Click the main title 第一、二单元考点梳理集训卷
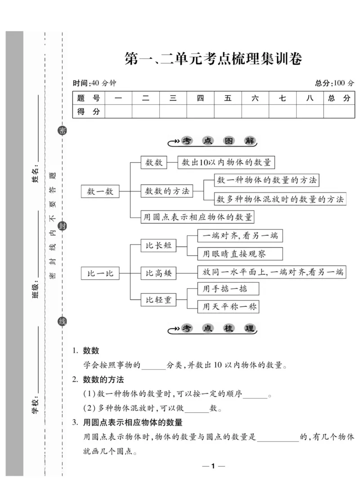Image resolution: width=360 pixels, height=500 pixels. pyautogui.click(x=213, y=59)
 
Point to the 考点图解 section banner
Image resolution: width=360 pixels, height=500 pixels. pyautogui.click(x=213, y=141)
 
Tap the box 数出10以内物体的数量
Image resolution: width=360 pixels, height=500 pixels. pyautogui.click(x=226, y=162)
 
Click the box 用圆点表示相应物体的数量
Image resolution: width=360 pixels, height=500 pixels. pyautogui.click(x=197, y=216)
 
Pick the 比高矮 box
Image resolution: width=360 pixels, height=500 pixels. pyautogui.click(x=158, y=273)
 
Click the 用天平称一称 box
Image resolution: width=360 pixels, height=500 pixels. pyautogui.click(x=229, y=307)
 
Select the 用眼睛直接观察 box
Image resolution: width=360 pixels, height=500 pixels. pyautogui.click(x=240, y=254)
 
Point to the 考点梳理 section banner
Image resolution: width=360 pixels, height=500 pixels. pyautogui.click(x=213, y=329)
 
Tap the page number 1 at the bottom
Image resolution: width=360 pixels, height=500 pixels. pyautogui.click(x=214, y=466)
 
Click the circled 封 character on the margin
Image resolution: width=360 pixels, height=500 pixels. pyautogui.click(x=63, y=226)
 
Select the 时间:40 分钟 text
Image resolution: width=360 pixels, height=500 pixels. pyautogui.click(x=94, y=83)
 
